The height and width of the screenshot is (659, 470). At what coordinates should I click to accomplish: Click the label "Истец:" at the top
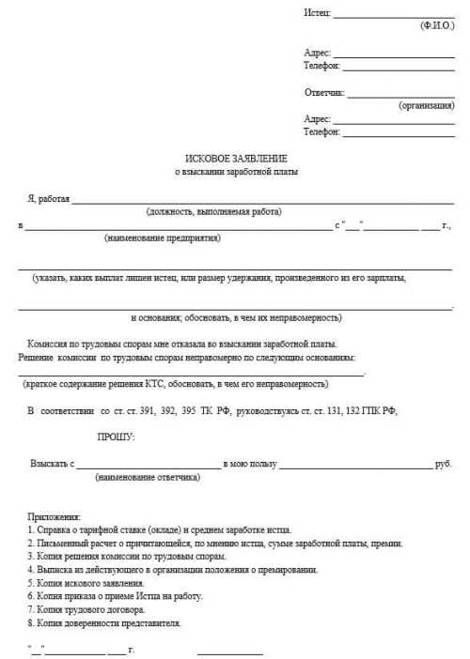pyautogui.click(x=317, y=13)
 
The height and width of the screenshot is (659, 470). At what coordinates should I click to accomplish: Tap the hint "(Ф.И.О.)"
pyautogui.click(x=437, y=25)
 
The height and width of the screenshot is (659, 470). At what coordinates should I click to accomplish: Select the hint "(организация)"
pyautogui.click(x=426, y=106)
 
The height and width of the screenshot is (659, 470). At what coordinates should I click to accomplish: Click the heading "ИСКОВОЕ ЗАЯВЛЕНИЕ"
pyautogui.click(x=235, y=160)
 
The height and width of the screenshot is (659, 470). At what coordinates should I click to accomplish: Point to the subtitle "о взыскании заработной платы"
pyautogui.click(x=235, y=173)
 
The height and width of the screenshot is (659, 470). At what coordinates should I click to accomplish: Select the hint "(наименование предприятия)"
pyautogui.click(x=162, y=238)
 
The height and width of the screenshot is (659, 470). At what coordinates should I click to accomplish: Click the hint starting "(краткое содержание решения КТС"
pyautogui.click(x=175, y=384)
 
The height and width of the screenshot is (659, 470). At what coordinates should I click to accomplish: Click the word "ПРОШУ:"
pyautogui.click(x=117, y=437)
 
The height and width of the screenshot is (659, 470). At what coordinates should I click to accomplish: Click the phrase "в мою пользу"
pyautogui.click(x=249, y=464)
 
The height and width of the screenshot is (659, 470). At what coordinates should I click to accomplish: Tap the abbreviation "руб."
pyautogui.click(x=444, y=464)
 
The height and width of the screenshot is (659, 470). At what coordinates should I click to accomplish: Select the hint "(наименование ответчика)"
pyautogui.click(x=148, y=477)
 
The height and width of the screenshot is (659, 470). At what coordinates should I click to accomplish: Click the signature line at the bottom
pyautogui.click(x=230, y=650)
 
